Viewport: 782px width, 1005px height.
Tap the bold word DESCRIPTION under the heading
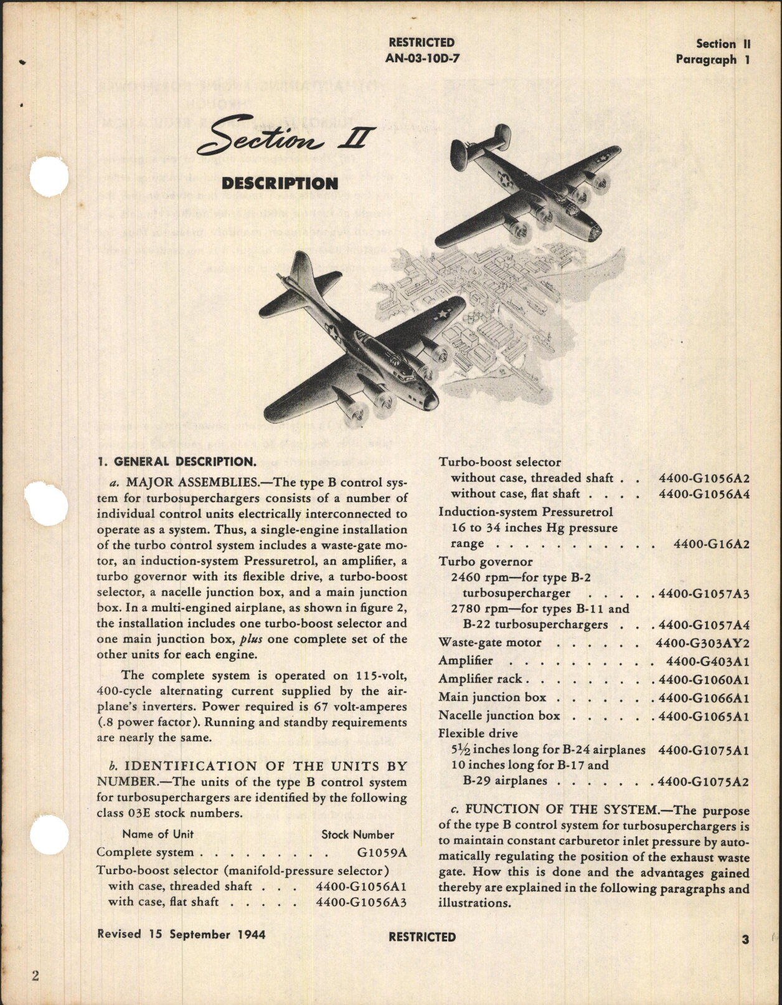point(280,183)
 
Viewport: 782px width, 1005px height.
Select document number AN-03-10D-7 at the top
point(422,59)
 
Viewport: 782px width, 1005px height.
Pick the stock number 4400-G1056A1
point(361,886)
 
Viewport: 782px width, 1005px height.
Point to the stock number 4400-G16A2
point(712,544)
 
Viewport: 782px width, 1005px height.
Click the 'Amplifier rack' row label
point(480,679)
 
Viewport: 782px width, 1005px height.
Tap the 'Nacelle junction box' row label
point(499,715)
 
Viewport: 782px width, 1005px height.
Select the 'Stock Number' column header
point(357,834)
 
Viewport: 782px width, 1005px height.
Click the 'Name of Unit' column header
point(158,834)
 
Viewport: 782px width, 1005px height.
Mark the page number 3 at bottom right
point(745,940)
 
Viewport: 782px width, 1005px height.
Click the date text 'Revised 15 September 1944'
point(181,935)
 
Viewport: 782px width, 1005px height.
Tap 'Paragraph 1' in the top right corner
point(713,60)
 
